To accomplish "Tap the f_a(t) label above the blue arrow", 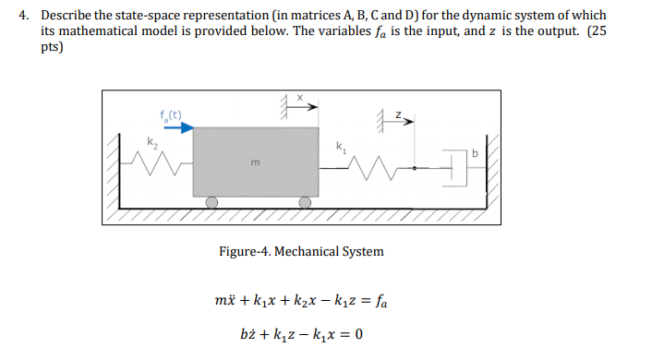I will pyautogui.click(x=171, y=115).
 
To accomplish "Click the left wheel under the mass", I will pyautogui.click(x=211, y=202).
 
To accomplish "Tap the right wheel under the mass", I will pyautogui.click(x=303, y=202).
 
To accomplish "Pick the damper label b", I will pyautogui.click(x=475, y=153).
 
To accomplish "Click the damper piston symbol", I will pyautogui.click(x=453, y=167).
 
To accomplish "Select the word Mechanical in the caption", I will pyautogui.click(x=310, y=251).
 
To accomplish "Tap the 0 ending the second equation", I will pyautogui.click(x=356, y=331).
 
